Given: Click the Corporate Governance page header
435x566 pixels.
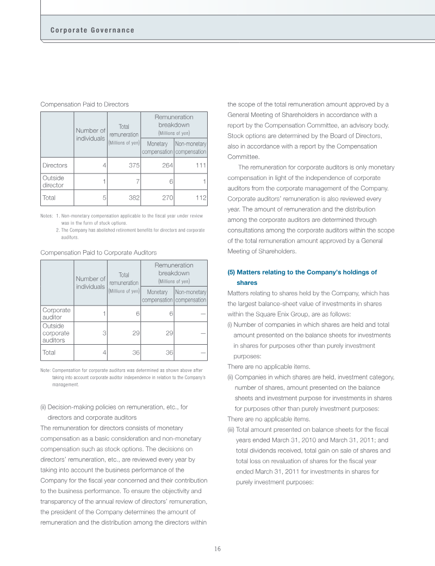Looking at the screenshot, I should [92, 30].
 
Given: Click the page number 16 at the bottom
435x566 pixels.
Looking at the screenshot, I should [217, 549].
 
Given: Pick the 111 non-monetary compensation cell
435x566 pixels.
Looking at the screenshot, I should [200, 165].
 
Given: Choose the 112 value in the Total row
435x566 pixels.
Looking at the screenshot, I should [200, 198].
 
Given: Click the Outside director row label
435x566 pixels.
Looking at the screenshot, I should [53, 182].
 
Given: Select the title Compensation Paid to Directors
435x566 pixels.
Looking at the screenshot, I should [84, 104].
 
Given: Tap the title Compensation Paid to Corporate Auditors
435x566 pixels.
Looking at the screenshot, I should [98, 253].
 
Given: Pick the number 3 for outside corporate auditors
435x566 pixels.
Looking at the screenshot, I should [103, 333].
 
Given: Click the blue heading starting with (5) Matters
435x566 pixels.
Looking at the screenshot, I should [302, 277].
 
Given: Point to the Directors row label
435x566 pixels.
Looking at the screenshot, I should [54, 165].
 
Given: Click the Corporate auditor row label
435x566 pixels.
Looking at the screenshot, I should [56, 313].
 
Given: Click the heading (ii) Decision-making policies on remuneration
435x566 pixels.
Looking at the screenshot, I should [114, 412].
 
